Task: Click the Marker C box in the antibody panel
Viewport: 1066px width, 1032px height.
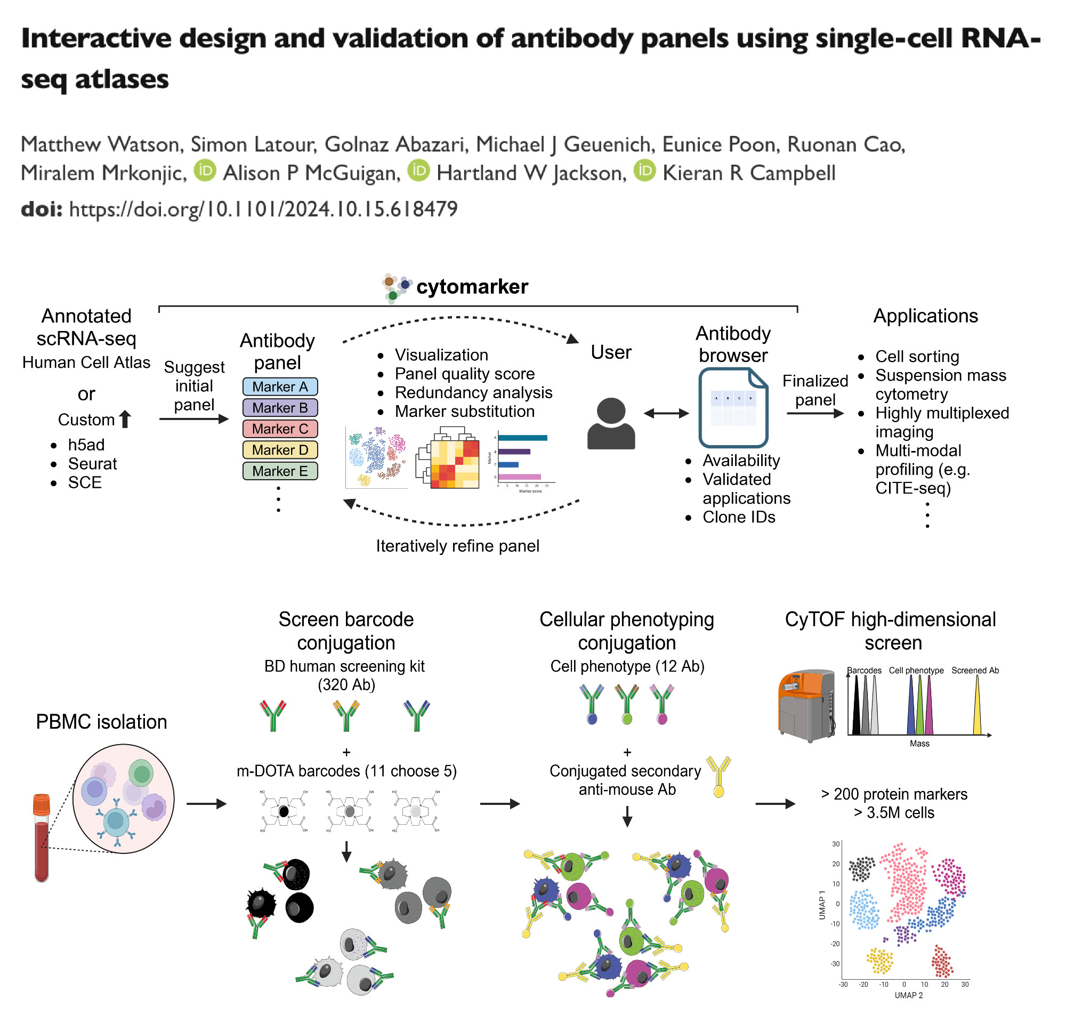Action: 280,429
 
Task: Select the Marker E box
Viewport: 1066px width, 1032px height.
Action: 280,471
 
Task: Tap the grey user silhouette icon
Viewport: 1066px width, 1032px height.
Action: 611,424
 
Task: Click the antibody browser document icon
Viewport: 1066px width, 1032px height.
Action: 733,407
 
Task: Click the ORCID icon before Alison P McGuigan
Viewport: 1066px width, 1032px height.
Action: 205,171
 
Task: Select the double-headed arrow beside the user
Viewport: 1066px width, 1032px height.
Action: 666,414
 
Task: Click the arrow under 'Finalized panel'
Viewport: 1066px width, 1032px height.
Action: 815,414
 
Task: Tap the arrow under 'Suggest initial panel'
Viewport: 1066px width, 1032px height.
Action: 193,419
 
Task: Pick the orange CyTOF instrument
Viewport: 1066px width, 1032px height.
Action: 806,705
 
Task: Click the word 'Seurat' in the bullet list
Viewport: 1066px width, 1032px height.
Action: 92,464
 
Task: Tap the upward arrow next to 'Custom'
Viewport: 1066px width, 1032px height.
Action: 125,419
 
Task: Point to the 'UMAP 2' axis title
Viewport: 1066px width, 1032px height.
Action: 908,995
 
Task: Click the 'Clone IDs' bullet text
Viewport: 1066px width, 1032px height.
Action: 739,517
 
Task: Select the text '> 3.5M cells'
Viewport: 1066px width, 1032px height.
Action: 894,813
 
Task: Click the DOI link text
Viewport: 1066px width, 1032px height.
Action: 263,209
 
